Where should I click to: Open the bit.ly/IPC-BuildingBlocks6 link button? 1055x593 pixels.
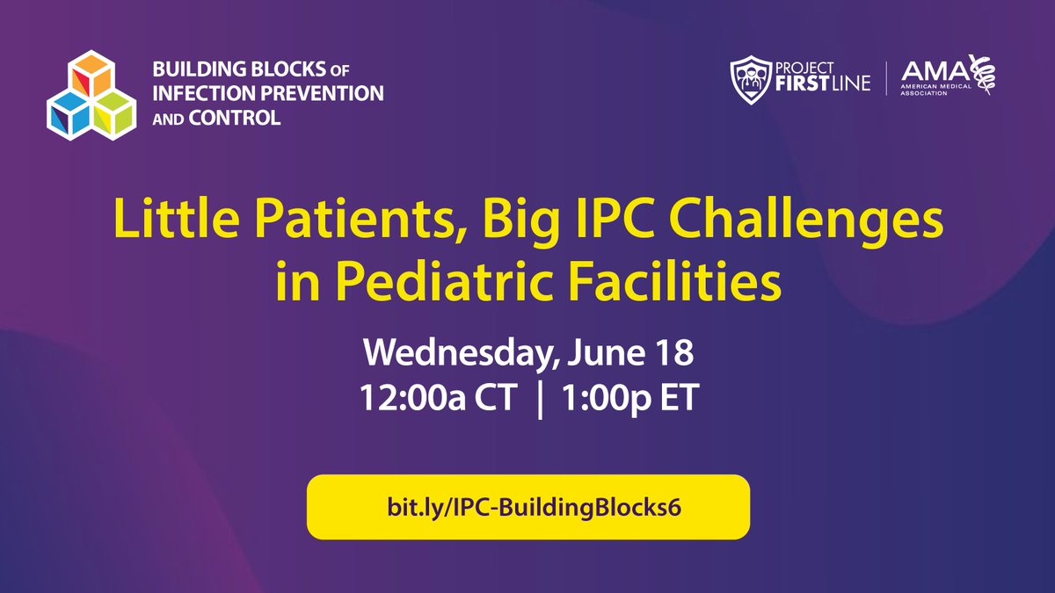click(x=527, y=507)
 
